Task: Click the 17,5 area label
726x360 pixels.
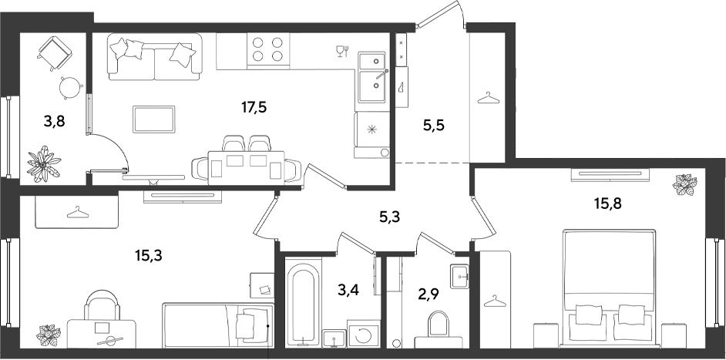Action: point(254,107)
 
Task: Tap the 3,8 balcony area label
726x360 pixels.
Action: point(54,122)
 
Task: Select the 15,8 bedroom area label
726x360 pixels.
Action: point(607,203)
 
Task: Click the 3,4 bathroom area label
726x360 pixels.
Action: point(348,291)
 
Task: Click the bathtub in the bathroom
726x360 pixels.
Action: point(304,304)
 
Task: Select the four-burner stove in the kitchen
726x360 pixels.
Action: point(268,49)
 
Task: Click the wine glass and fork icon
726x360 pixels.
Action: point(342,51)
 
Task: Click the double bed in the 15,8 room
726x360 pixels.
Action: point(609,288)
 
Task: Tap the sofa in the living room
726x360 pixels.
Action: point(155,56)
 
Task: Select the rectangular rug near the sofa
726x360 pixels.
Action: point(153,119)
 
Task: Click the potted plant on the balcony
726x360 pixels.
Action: point(43,163)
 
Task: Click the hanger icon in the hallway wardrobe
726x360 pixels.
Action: point(489,98)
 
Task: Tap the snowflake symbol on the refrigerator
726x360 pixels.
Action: point(371,130)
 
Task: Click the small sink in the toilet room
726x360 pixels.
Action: point(459,277)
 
